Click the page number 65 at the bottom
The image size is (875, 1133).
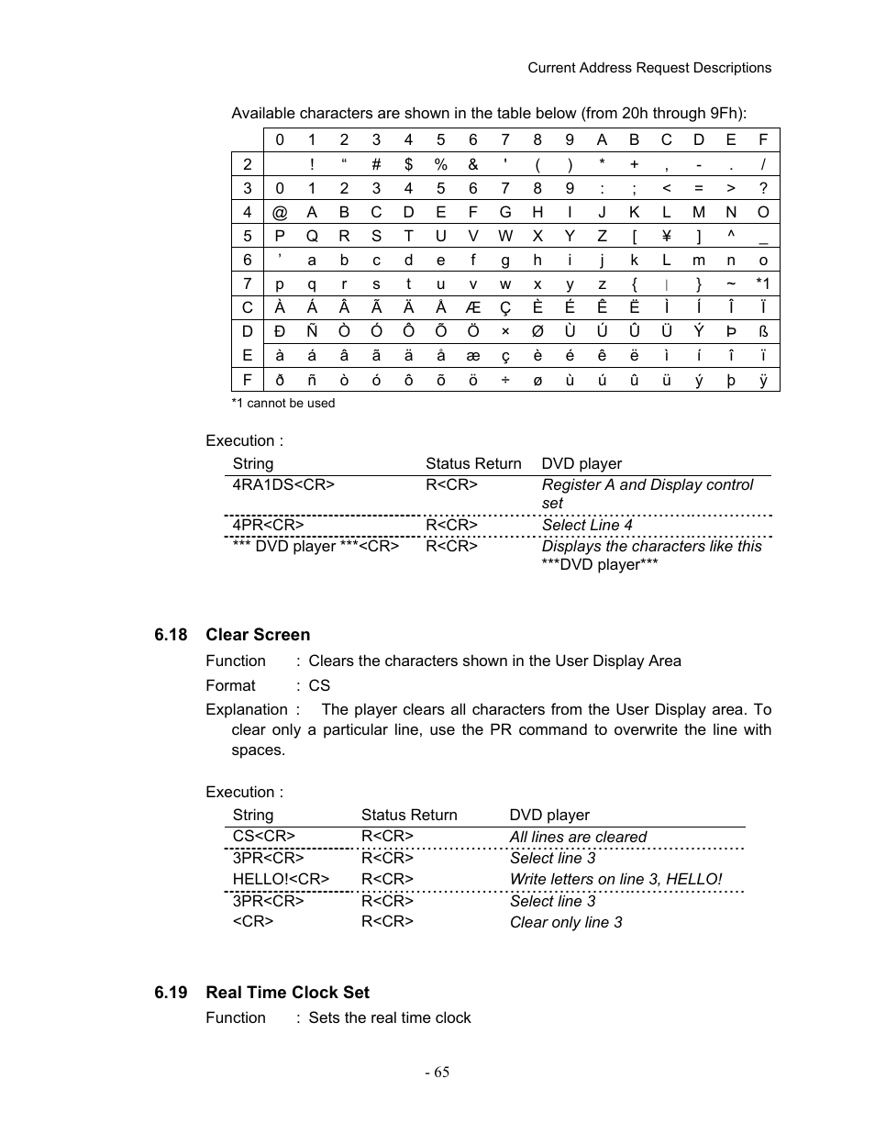(437, 1072)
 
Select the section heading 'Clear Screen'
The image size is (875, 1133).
(258, 635)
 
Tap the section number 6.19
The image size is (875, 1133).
(171, 993)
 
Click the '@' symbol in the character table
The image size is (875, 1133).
(280, 212)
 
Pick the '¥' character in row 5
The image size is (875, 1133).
(666, 236)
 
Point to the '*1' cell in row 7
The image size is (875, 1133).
(762, 283)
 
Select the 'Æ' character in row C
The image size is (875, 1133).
(472, 307)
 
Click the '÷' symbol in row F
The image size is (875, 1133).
(504, 379)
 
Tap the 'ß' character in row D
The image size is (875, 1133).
(762, 331)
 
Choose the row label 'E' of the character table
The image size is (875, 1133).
(247, 355)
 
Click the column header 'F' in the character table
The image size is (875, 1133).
(762, 139)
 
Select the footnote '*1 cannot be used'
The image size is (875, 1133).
(282, 403)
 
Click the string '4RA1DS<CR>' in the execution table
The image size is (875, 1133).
(283, 484)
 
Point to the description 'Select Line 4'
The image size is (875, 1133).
(587, 525)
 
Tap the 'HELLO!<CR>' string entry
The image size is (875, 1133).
(281, 879)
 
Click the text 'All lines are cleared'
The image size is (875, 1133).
(578, 837)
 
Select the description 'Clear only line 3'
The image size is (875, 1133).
(566, 922)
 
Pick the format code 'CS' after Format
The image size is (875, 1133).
(319, 685)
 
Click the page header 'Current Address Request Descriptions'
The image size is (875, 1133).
(649, 68)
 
